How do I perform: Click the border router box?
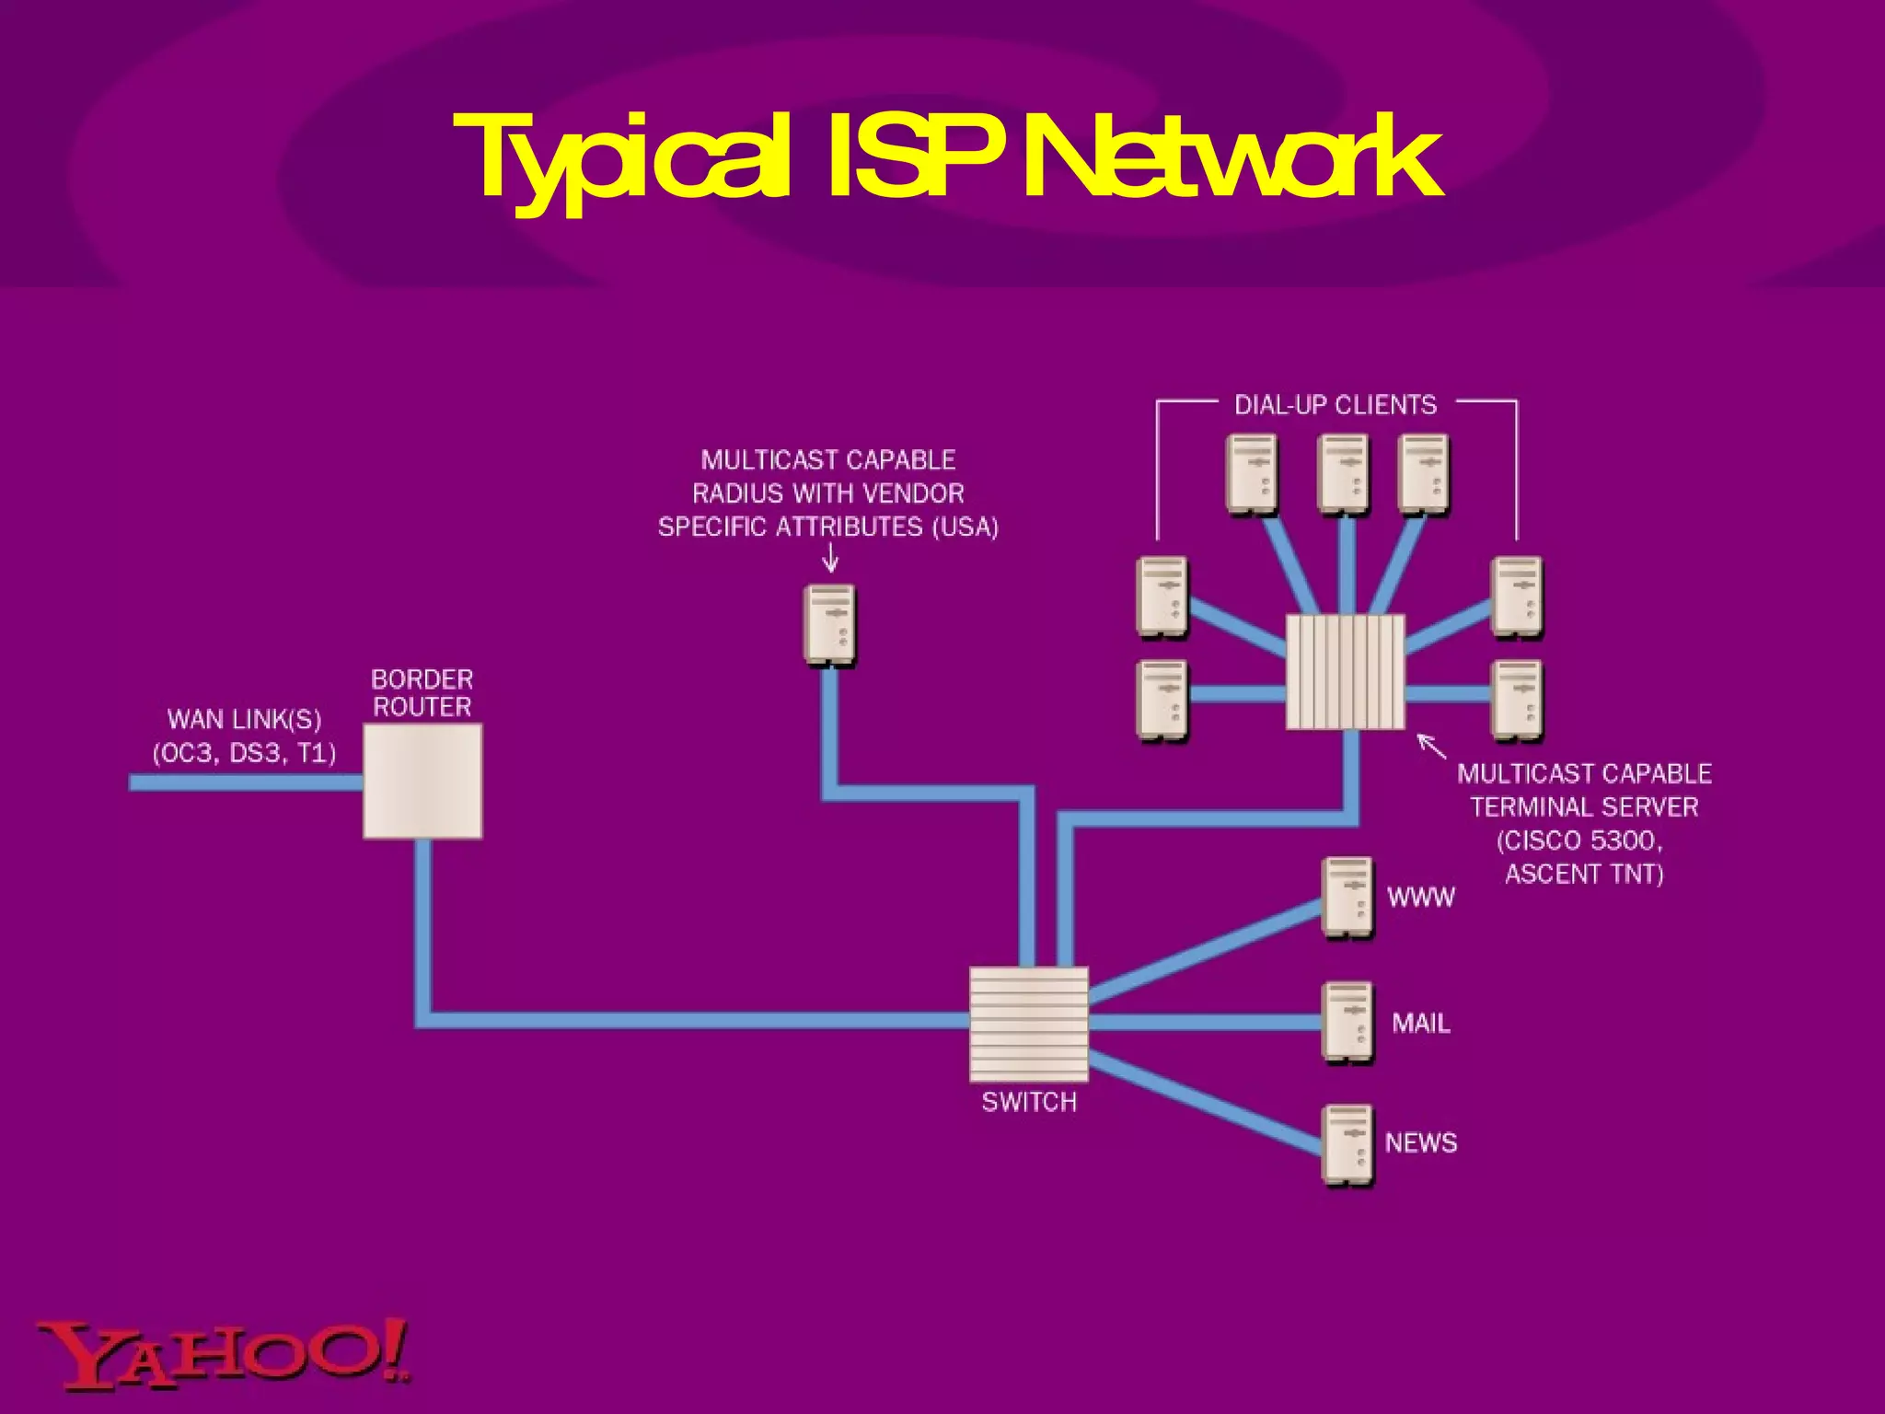[x=422, y=781]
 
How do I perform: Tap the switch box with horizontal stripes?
[x=1029, y=1024]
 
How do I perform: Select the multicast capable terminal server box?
[x=1345, y=672]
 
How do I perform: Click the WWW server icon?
[x=1347, y=898]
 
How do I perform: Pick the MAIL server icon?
[x=1347, y=1023]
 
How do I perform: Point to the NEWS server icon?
[x=1347, y=1145]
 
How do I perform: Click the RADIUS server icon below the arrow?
[x=829, y=625]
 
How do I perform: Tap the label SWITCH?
[x=1029, y=1102]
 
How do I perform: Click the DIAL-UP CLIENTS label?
[x=1336, y=405]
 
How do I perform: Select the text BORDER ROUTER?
[x=422, y=693]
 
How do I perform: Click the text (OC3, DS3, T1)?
[x=244, y=753]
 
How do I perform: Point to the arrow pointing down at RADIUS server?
[x=830, y=557]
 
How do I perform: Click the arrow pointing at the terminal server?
[x=1430, y=746]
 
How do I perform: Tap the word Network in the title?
[x=1228, y=157]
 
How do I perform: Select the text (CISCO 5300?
[x=1579, y=840]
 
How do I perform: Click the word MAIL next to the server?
[x=1420, y=1023]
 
